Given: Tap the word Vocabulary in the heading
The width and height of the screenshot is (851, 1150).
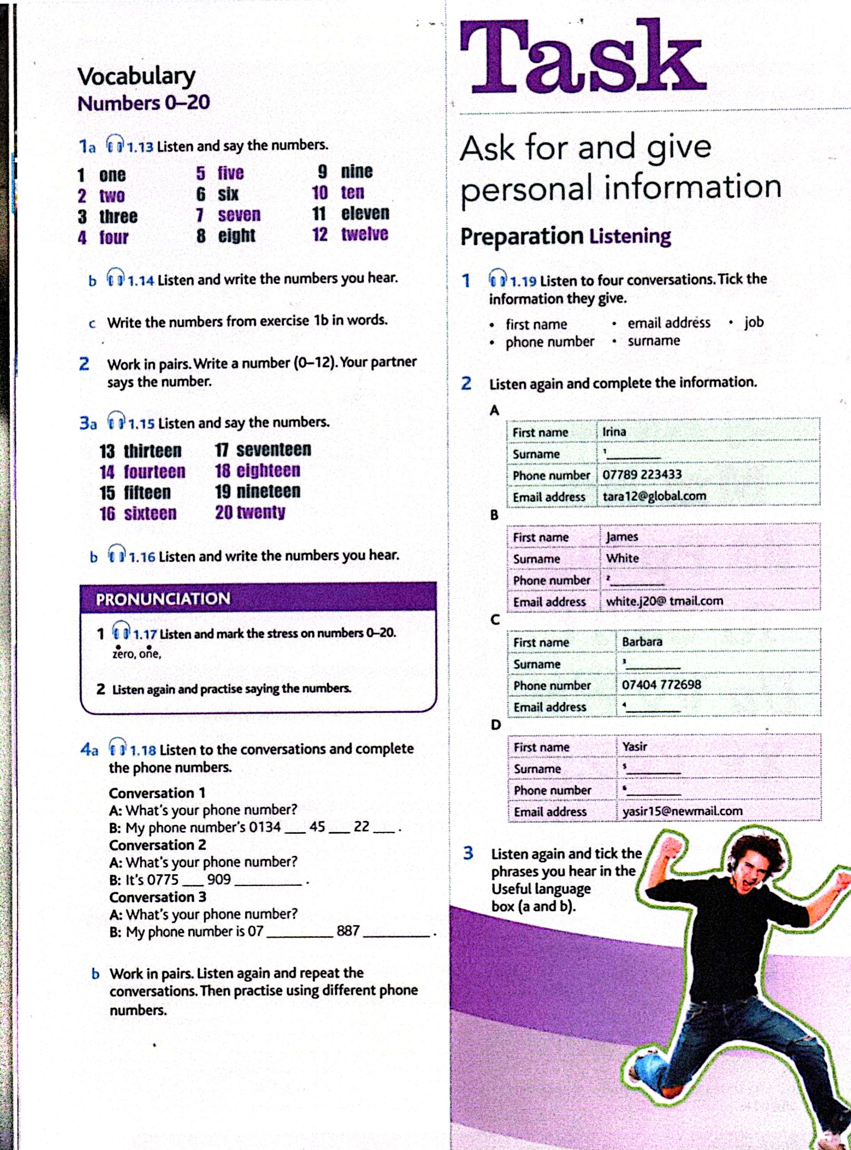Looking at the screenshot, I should tap(136, 77).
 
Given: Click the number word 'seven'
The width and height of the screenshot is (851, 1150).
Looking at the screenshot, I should tap(239, 215).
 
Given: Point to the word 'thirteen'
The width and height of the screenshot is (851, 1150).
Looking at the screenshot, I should tap(152, 451).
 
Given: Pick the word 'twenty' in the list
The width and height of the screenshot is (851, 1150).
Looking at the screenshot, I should tap(260, 512).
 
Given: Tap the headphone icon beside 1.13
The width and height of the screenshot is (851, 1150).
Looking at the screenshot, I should tap(115, 144).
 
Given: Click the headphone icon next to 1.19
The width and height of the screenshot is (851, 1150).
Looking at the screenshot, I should tap(498, 279).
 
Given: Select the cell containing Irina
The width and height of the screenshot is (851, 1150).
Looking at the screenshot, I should tap(614, 431).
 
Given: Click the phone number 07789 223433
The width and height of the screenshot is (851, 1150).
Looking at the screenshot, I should tap(642, 474).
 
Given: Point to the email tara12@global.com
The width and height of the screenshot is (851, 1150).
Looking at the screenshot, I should tap(654, 496).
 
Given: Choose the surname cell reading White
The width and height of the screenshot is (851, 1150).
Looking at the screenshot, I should tap(622, 558).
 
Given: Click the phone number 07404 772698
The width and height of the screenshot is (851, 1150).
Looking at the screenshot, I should tap(661, 684).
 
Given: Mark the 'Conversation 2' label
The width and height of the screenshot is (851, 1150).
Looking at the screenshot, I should tap(157, 845).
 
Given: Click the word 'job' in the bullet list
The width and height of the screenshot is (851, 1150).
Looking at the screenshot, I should tap(754, 322).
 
